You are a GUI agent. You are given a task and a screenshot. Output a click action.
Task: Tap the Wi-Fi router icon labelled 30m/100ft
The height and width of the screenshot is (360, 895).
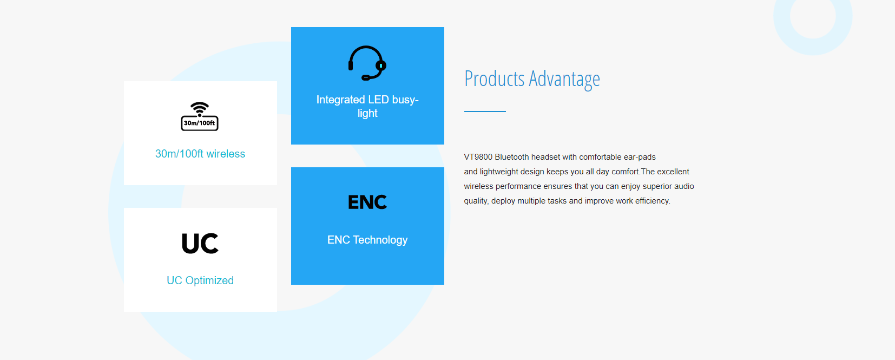[x=200, y=116]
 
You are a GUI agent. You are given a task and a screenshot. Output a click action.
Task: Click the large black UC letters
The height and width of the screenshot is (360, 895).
[x=200, y=243]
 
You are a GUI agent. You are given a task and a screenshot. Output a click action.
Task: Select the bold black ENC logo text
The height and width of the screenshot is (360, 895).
[x=367, y=202]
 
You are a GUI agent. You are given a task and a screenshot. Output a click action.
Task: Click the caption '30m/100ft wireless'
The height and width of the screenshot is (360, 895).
[x=200, y=154]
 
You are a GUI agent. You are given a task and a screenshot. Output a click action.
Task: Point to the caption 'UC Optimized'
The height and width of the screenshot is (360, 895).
[x=200, y=280]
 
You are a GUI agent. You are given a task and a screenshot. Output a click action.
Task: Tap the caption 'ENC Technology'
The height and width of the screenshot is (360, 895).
[x=367, y=240]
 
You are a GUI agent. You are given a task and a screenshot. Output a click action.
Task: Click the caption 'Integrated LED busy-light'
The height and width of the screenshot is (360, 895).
[x=367, y=106]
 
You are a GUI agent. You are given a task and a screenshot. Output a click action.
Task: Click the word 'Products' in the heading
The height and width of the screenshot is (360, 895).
[x=494, y=78]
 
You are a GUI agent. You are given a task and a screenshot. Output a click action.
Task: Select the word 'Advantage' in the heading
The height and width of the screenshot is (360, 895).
[x=564, y=79]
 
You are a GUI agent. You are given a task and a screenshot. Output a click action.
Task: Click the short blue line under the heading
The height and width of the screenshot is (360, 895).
[x=485, y=112]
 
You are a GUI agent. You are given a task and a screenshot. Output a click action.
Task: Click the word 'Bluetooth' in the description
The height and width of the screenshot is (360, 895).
[x=512, y=157]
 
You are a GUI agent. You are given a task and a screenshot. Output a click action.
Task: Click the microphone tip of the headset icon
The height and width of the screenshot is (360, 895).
[x=365, y=78]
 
